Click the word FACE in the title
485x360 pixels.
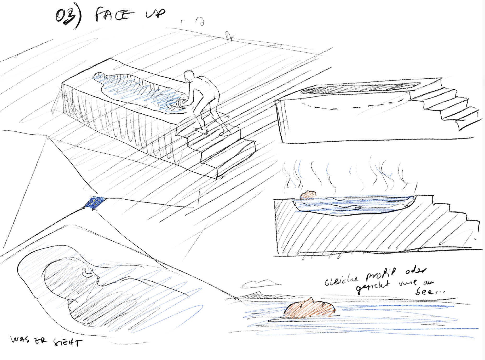(x=114, y=14)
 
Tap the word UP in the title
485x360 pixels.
(x=155, y=13)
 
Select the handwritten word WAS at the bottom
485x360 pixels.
(x=20, y=339)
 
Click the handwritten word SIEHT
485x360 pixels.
(x=68, y=342)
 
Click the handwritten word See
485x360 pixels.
(x=429, y=291)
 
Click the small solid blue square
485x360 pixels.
(x=95, y=203)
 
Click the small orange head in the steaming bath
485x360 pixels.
(x=308, y=195)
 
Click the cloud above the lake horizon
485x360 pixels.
(x=259, y=283)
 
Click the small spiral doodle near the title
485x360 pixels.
(x=200, y=21)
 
